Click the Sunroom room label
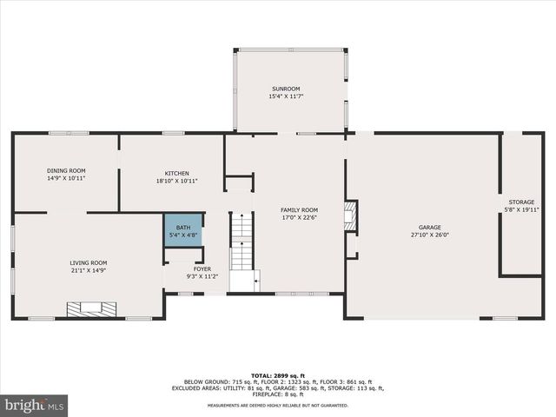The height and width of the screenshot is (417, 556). point(285,89)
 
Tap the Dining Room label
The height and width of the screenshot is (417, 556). point(65,170)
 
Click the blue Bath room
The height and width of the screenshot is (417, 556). point(182,230)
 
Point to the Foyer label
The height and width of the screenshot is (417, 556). point(202,269)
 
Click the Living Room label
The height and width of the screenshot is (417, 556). point(89,262)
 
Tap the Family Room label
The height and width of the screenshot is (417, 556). point(298,209)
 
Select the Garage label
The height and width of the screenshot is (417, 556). point(424,227)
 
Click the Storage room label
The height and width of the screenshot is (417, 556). point(521,202)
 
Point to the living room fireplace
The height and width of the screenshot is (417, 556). point(89,307)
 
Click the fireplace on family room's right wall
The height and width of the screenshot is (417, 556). point(351,215)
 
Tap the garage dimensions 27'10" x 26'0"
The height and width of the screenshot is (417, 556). point(424,235)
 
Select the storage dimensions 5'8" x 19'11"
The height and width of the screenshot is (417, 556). point(521,209)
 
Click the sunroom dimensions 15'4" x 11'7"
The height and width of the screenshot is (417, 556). point(285,96)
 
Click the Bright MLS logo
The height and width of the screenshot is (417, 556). point(35,405)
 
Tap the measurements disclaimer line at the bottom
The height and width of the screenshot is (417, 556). point(278,405)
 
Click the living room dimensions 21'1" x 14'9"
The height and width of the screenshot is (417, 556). point(89,270)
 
